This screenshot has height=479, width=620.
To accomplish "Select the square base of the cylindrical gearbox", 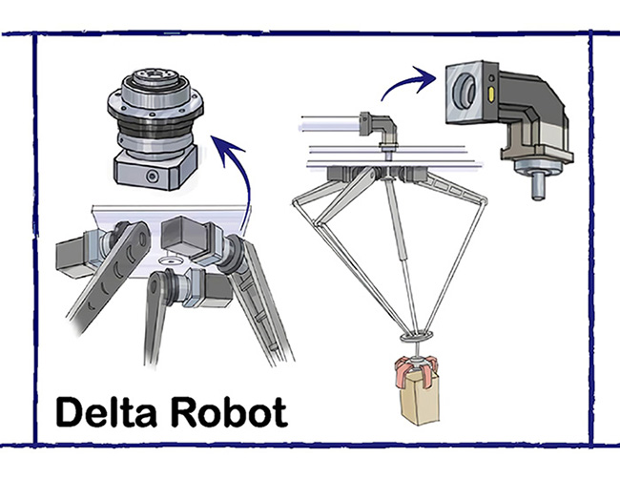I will click(153, 172).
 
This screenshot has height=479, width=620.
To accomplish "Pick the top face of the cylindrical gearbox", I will click(153, 76).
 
